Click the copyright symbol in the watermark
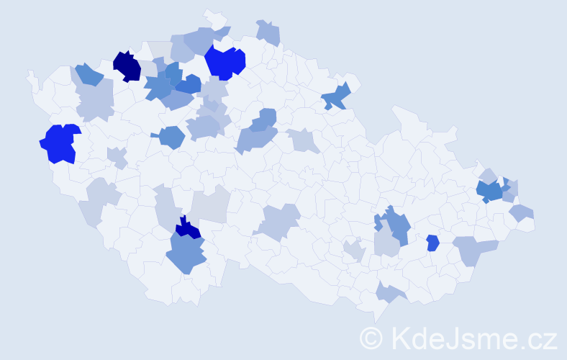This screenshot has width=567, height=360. pyautogui.click(x=372, y=338)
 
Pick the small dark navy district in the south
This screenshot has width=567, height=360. pyautogui.click(x=189, y=229)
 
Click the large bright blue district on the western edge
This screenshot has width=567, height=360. pyautogui.click(x=59, y=143)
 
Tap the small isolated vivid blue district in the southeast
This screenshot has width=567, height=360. pyautogui.click(x=432, y=243)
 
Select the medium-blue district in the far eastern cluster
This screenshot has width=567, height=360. pyautogui.click(x=491, y=192)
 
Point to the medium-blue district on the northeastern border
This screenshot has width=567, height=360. pyautogui.click(x=337, y=96)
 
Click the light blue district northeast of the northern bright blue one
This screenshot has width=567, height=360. pyautogui.click(x=268, y=32)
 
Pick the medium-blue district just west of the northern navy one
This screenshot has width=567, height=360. pyautogui.click(x=89, y=74)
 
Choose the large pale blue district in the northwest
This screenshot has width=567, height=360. pyautogui.click(x=95, y=99)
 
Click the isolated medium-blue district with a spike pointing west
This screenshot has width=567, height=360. pyautogui.click(x=171, y=136)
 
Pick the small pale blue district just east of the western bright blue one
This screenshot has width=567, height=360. pyautogui.click(x=117, y=156)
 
